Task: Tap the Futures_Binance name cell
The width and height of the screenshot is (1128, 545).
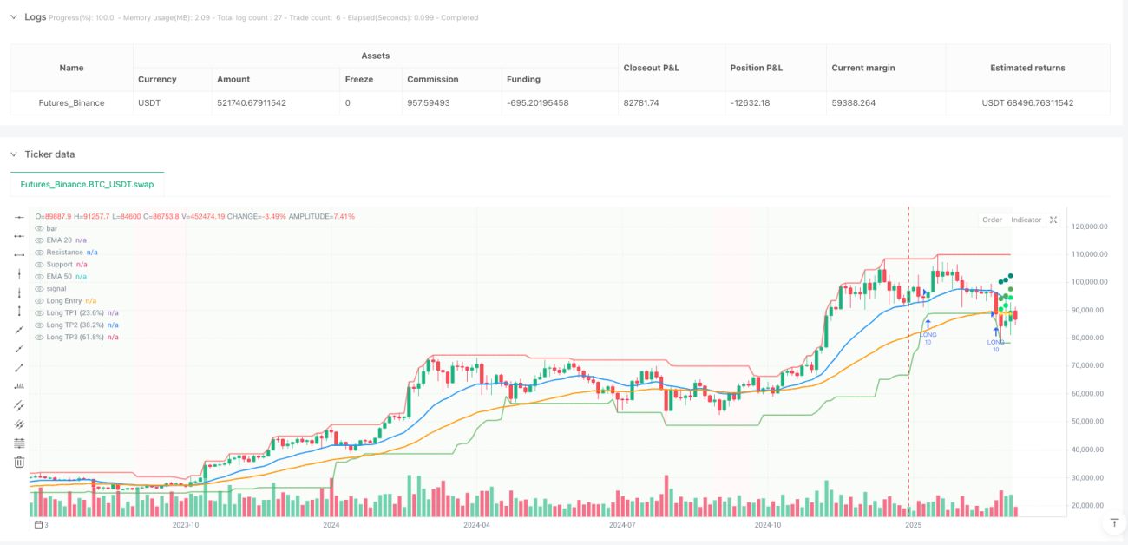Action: tap(71, 102)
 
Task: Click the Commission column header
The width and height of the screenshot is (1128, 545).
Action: tap(433, 79)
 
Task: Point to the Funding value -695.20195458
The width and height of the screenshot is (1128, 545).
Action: tap(537, 102)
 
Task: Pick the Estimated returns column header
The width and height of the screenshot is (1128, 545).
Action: tap(1027, 68)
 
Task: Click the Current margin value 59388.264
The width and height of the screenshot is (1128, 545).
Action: tap(853, 102)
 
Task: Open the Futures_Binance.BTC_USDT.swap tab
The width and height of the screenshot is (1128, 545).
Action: tap(87, 184)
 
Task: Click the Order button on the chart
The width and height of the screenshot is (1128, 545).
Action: tap(992, 220)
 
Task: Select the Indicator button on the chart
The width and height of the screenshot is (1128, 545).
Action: tap(1026, 220)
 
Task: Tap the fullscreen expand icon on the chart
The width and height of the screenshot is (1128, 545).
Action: tap(1053, 220)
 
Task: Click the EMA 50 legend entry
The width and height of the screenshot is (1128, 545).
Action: tap(59, 277)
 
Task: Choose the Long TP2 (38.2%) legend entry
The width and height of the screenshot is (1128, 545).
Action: tap(75, 325)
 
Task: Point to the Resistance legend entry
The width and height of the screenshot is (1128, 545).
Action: tap(64, 253)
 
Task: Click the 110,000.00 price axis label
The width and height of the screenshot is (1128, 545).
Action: tap(1090, 254)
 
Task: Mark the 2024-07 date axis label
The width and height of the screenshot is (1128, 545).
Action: tap(622, 525)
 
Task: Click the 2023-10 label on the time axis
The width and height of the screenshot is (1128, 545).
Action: tap(186, 525)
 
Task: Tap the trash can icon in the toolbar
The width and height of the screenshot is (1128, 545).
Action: tap(19, 462)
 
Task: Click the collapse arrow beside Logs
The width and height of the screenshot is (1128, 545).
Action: tap(14, 17)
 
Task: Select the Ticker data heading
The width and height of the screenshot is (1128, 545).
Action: tap(49, 154)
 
